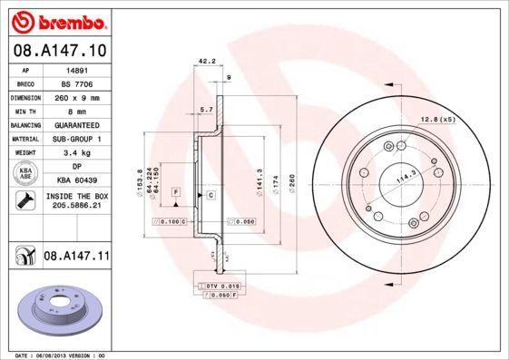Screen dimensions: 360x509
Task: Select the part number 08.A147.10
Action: click(59, 52)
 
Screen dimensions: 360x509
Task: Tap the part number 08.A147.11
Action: click(76, 258)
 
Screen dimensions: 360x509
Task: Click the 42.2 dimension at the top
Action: click(206, 63)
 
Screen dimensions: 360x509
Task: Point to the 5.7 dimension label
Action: click(206, 110)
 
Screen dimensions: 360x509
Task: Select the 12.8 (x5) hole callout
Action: click(436, 120)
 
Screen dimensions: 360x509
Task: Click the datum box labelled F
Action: click(176, 192)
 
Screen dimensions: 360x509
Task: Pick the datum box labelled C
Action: click(210, 195)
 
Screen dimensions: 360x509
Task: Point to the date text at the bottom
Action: click(61, 355)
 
